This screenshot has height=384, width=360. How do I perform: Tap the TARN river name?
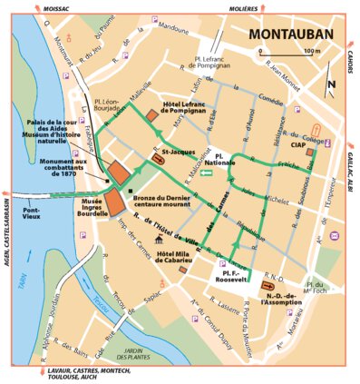(x=21, y=278)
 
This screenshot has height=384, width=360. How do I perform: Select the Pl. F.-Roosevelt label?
(x=230, y=273)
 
